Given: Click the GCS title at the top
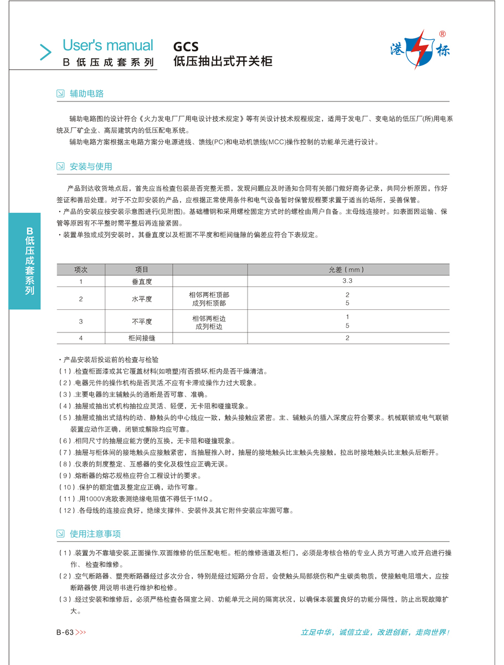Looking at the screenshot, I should pos(186,47).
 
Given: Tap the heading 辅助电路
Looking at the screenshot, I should pos(86,94).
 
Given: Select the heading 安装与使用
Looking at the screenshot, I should pos(91,166).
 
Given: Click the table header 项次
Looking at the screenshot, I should pos(81,270).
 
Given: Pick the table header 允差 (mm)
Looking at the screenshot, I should pos(347,270).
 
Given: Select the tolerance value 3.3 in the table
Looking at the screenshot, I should pos(347,281).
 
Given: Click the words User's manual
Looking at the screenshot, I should pos(107,45).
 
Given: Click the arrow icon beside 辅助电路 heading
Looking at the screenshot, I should pos(60,94).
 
